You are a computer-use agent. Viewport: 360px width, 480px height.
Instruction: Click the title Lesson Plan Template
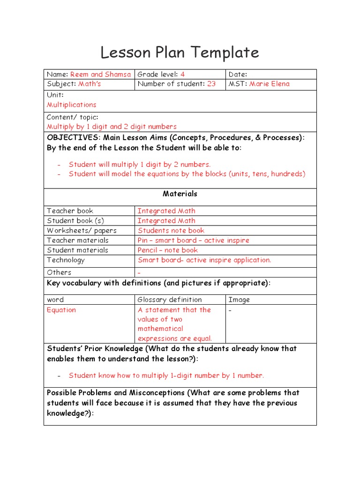click(180, 52)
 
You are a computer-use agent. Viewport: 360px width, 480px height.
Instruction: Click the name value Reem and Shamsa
click(101, 74)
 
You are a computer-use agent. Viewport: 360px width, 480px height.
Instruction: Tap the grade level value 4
click(183, 74)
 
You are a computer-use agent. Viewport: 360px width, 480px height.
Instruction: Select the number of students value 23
click(211, 84)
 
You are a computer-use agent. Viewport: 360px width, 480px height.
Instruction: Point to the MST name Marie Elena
click(270, 84)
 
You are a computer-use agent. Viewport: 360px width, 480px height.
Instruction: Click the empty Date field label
click(238, 74)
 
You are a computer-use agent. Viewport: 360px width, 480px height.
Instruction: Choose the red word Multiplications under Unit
click(71, 105)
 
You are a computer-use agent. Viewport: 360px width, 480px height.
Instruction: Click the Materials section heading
click(180, 194)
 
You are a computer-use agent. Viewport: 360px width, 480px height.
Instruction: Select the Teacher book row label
click(70, 211)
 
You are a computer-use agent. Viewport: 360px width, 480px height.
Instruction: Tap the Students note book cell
click(171, 231)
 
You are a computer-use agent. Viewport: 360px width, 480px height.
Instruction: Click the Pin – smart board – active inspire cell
click(194, 240)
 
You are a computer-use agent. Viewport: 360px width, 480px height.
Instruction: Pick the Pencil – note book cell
click(168, 250)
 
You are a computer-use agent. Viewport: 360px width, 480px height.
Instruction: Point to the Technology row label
click(66, 260)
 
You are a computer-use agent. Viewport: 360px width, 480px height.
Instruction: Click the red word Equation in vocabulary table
click(61, 310)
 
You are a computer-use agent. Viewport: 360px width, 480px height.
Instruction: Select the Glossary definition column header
click(170, 300)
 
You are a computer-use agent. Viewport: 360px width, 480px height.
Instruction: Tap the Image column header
click(239, 300)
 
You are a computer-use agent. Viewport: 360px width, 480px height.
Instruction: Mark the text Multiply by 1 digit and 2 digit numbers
click(112, 127)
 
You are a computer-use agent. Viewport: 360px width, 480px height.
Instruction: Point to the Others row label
click(59, 272)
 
